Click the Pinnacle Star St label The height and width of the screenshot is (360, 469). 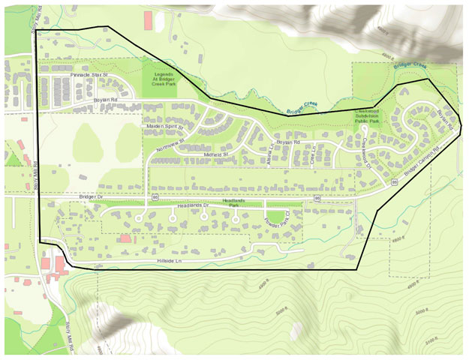(89, 76)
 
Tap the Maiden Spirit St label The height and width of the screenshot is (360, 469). (164, 127)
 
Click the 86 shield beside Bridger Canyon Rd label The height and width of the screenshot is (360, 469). (394, 182)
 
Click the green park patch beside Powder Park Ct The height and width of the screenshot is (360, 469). (278, 217)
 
